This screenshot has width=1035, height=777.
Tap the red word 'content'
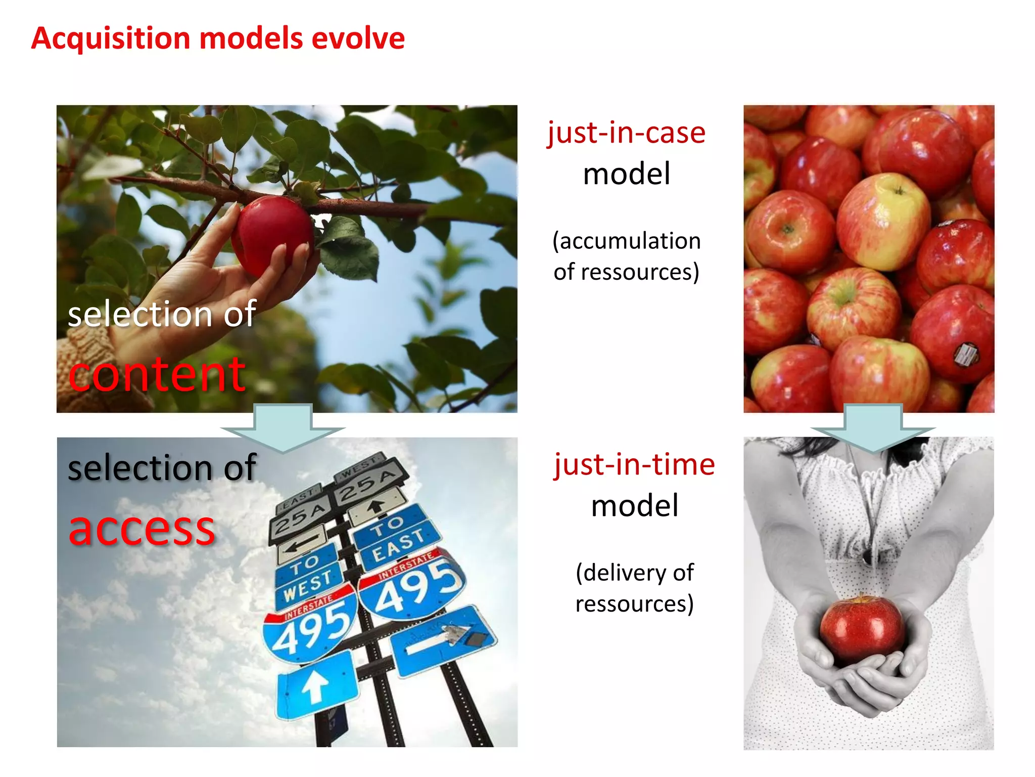157,374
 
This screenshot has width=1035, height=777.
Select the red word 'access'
142,529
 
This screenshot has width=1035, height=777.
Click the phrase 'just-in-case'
626,133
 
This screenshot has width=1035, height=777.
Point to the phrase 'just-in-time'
634,464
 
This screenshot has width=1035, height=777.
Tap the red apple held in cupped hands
862,628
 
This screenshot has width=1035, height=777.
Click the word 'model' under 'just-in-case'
626,174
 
